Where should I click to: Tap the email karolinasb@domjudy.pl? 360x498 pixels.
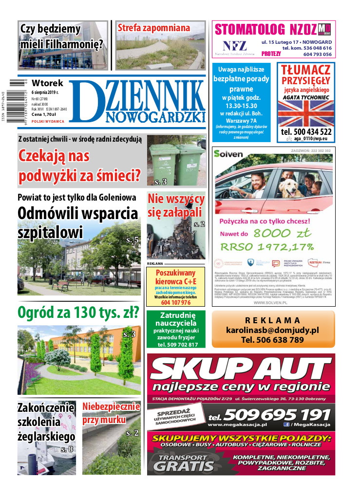(272, 330)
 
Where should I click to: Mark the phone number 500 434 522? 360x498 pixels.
(306, 131)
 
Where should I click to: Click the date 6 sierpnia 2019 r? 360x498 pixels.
(45, 92)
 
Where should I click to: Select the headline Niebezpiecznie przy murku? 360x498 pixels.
(111, 413)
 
